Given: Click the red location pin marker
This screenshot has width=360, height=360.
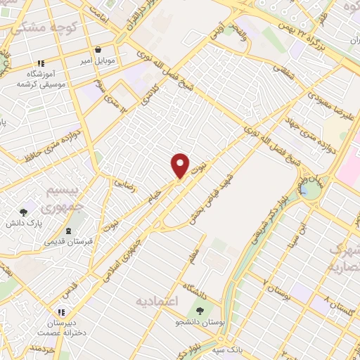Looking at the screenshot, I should coord(181,165).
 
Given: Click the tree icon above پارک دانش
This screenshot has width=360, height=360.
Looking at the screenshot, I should coord(24,211).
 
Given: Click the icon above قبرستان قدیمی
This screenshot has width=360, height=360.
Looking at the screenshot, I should coord(68,231).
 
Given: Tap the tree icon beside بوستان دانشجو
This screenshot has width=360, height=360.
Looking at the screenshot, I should coord(200,310).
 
